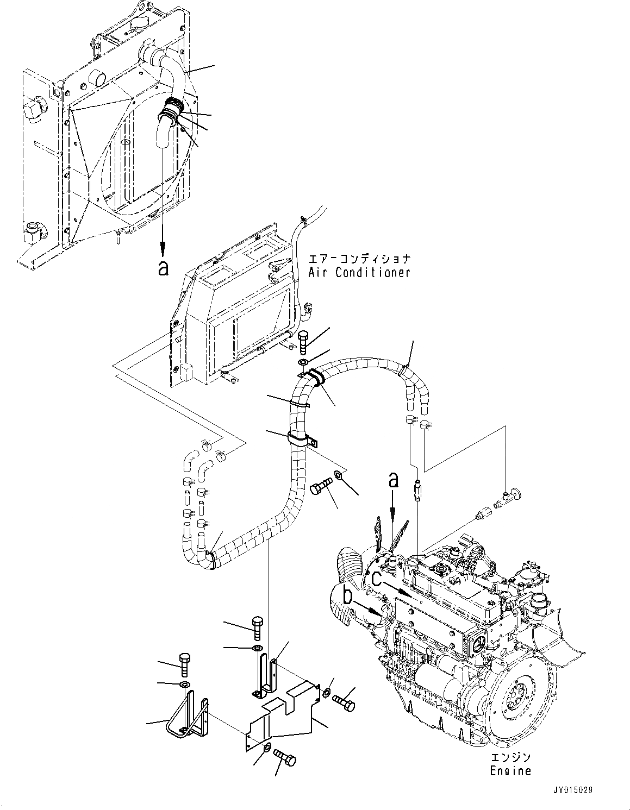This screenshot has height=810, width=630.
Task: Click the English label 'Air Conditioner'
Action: click(359, 273)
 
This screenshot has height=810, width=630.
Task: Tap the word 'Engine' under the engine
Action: click(509, 771)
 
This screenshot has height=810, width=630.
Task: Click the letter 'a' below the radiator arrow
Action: click(163, 267)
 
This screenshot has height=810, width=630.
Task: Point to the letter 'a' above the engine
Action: click(392, 480)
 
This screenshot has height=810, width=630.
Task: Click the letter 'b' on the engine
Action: click(348, 596)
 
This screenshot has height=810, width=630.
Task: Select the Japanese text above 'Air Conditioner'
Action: click(359, 259)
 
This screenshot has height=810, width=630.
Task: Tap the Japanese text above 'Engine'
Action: click(510, 757)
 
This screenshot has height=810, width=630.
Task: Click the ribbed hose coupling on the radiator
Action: click(170, 109)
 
